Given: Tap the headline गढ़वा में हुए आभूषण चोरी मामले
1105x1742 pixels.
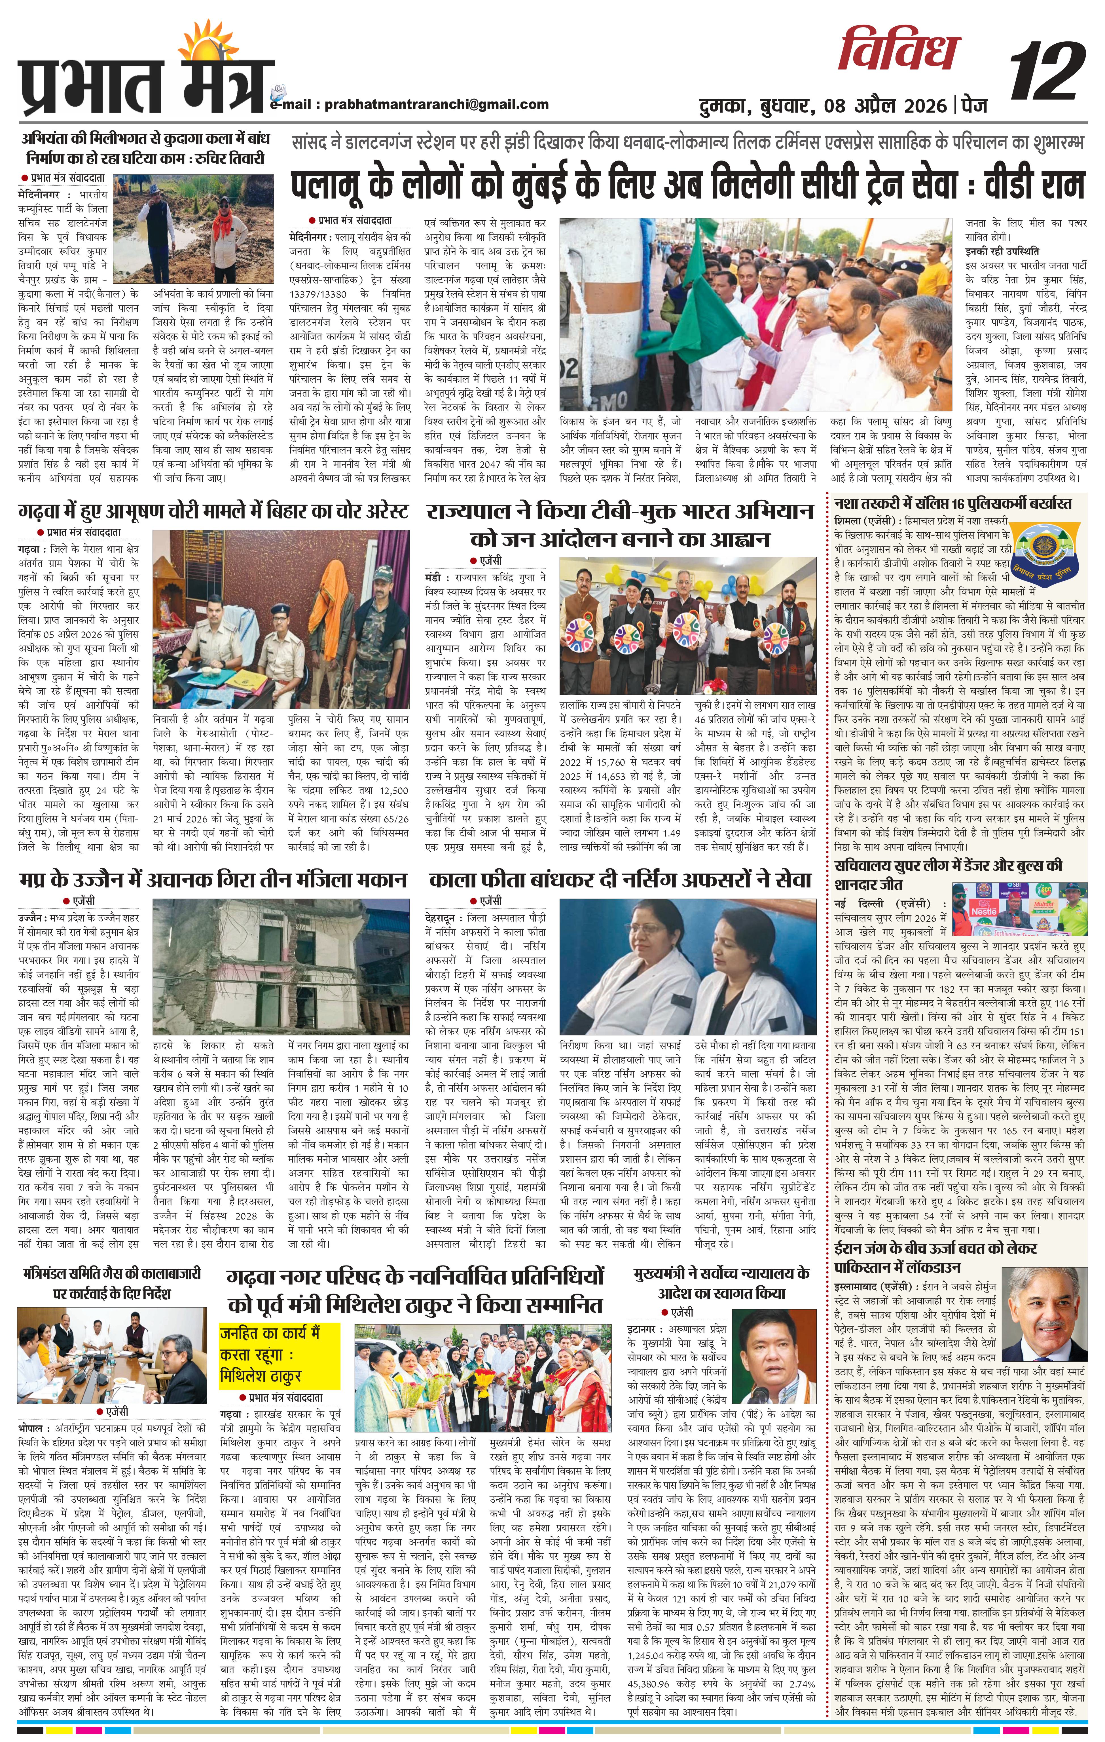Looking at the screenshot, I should (x=213, y=512).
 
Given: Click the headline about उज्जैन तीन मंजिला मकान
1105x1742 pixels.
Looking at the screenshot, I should (x=213, y=880).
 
